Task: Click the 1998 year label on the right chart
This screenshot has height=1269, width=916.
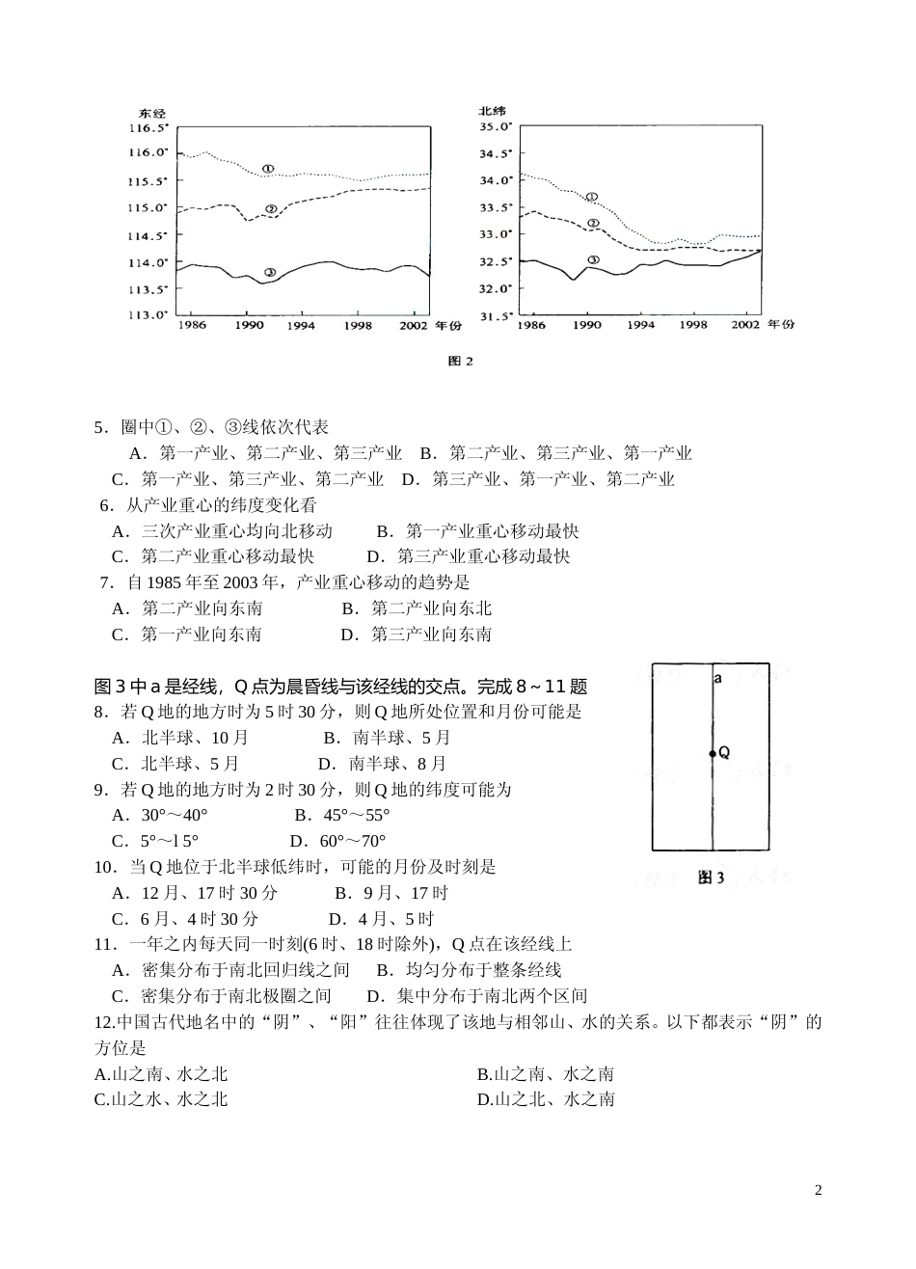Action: [692, 326]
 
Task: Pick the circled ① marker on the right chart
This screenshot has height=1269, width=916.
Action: [592, 197]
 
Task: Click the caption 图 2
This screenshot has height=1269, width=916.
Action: [462, 362]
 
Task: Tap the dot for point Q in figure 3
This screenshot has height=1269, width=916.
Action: [713, 753]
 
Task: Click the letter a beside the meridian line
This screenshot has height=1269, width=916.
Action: [718, 679]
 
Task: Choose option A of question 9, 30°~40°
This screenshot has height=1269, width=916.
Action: [160, 815]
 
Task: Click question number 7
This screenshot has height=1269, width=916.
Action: [108, 582]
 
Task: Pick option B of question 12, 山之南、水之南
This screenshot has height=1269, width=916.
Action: [546, 1074]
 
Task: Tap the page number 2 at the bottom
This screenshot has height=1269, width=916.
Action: [819, 1189]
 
